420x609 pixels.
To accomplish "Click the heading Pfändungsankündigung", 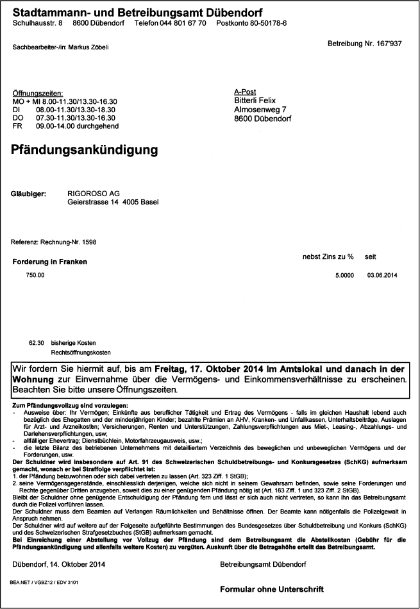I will tap(85, 151).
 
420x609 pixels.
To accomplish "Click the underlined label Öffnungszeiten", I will tap(38, 94).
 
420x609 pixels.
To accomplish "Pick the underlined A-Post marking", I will tap(245, 92).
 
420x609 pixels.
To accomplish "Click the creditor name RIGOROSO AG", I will tap(94, 193).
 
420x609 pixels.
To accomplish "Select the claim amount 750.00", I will tap(35, 275).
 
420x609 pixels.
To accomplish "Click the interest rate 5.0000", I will tap(344, 275).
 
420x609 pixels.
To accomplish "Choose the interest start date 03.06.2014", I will tap(383, 275).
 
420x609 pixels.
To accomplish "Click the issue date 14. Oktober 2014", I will tap(77, 564).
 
